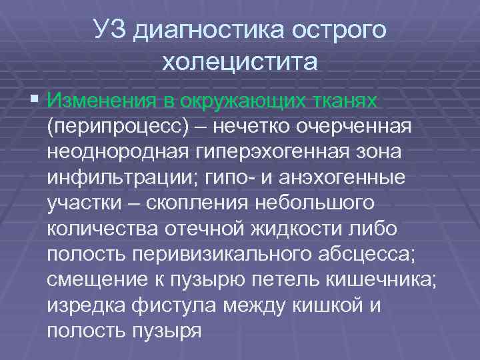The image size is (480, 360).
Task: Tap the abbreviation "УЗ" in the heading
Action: coord(109,31)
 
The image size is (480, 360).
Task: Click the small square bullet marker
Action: coord(35,100)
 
